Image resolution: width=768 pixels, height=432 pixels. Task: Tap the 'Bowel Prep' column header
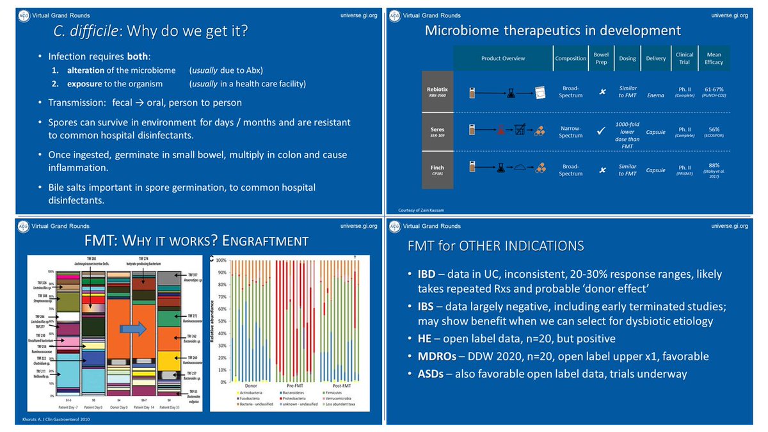(601, 58)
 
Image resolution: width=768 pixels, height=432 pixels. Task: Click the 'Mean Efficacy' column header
(714, 58)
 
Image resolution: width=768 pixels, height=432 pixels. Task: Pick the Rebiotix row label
(437, 92)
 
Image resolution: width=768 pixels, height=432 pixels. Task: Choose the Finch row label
(437, 168)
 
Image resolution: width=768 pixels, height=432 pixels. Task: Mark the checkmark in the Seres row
(601, 131)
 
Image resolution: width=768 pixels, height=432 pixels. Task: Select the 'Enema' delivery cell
(656, 95)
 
